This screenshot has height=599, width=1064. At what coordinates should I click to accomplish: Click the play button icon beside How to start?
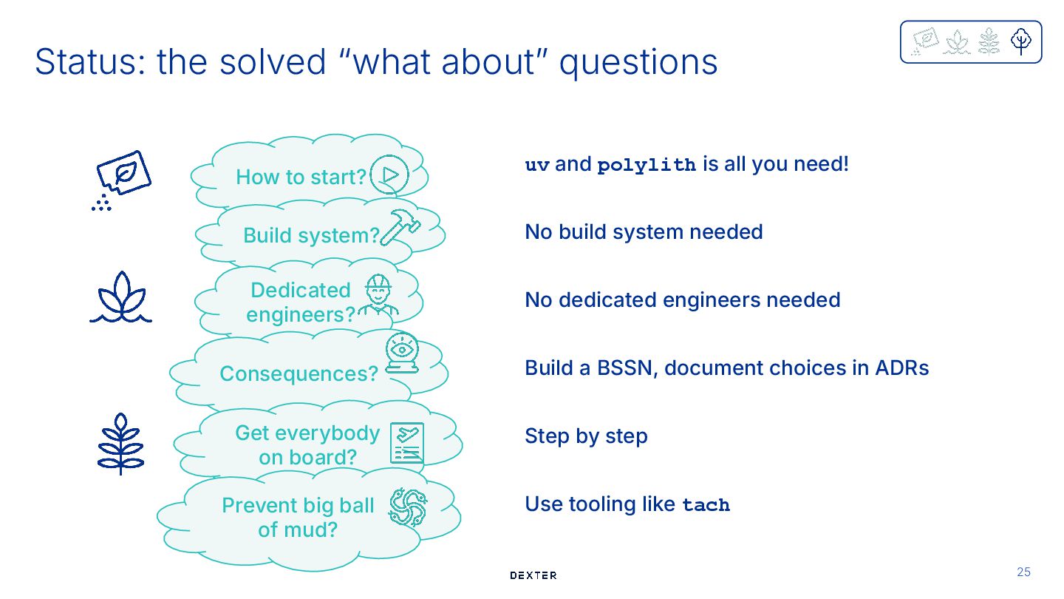[x=389, y=175]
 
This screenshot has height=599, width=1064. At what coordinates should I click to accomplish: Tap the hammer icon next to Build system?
[x=400, y=227]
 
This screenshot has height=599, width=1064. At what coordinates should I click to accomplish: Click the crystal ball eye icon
[x=402, y=352]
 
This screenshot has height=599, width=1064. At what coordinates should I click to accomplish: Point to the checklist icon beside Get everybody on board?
[x=407, y=443]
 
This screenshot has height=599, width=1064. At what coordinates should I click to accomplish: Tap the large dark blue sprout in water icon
[x=120, y=297]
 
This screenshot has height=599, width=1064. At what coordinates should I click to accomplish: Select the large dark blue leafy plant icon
[x=120, y=444]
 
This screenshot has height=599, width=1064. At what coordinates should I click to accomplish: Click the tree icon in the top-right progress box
[x=1021, y=41]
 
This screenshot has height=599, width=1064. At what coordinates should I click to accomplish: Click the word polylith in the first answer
[x=647, y=165]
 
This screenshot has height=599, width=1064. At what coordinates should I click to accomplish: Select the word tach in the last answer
[x=706, y=505]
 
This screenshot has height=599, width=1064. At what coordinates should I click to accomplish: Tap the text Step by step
[x=586, y=436]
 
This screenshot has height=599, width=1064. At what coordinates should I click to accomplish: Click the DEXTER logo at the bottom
[x=533, y=575]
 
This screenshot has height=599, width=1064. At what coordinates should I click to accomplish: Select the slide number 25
[x=1023, y=572]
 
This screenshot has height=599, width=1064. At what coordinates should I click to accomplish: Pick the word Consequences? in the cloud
[x=299, y=373]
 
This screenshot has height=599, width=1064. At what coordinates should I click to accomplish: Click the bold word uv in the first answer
[x=537, y=165]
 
